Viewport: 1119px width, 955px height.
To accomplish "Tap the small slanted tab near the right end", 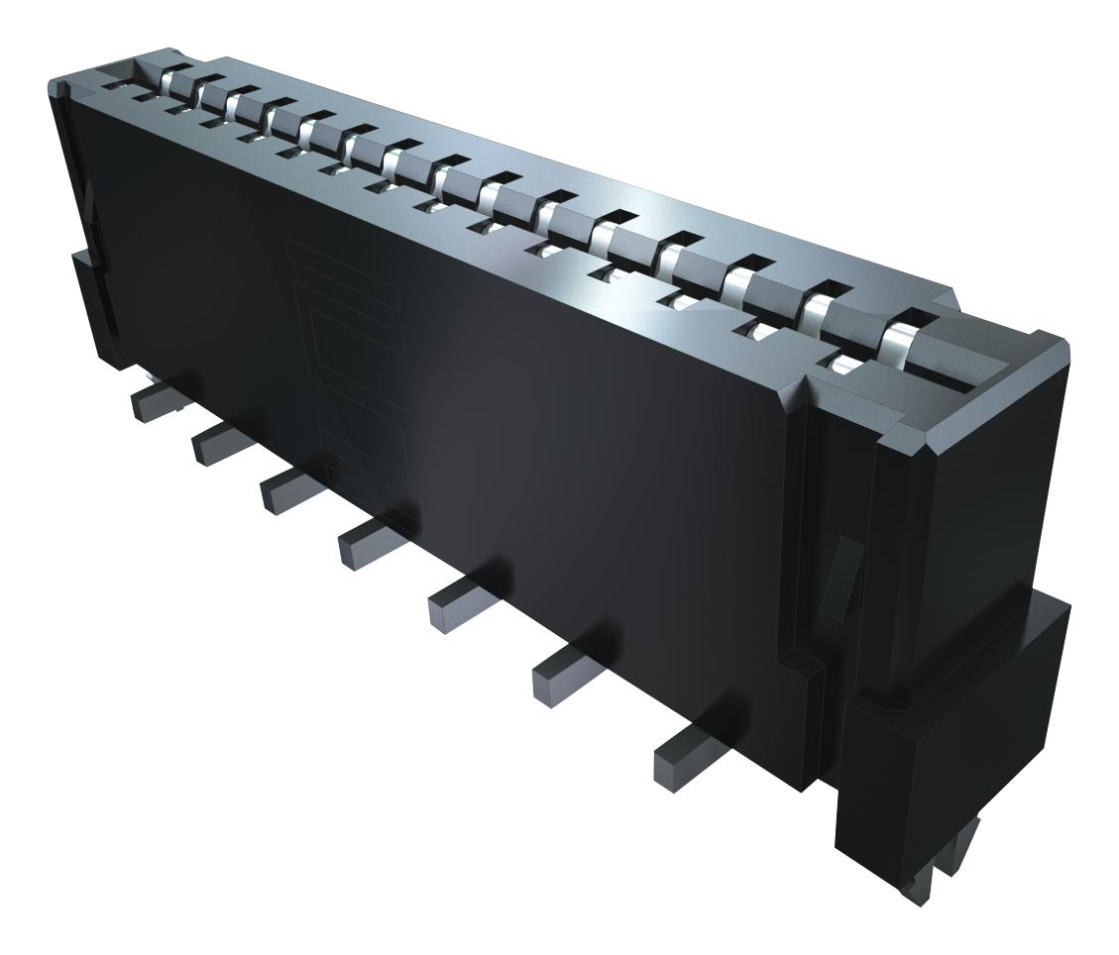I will pos(839,575).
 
